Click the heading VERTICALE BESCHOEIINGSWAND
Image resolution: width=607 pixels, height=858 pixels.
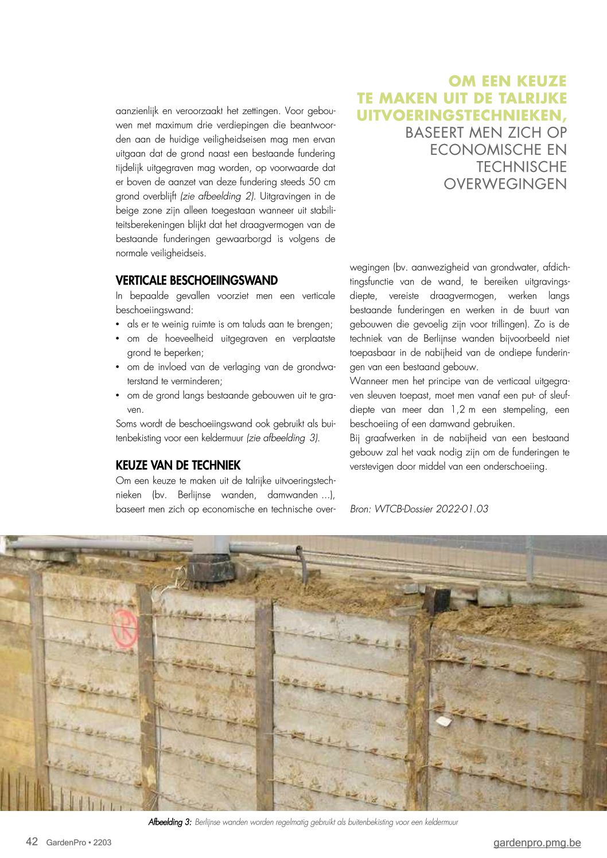[196, 280]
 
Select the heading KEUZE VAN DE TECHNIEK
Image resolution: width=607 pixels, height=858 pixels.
[178, 465]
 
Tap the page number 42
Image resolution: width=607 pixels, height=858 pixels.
[32, 841]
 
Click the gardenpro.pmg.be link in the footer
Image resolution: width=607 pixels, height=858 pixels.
[536, 843]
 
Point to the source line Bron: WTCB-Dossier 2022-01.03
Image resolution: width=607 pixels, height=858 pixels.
[419, 509]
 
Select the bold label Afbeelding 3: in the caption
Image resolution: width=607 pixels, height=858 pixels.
[170, 822]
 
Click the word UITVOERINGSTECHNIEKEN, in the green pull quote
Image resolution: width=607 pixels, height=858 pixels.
[461, 115]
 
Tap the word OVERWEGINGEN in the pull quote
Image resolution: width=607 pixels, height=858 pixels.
[505, 184]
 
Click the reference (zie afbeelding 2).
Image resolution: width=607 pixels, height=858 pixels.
[217, 196]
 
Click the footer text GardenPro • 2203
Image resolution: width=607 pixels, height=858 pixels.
[79, 843]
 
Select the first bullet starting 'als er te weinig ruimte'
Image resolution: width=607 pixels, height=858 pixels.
[229, 324]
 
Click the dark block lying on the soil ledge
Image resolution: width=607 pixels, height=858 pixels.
[436, 600]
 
